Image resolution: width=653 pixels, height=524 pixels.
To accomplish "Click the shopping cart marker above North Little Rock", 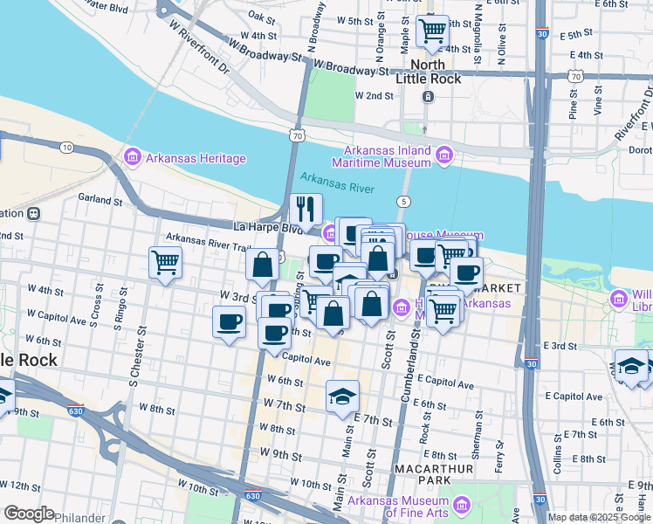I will click(432, 32).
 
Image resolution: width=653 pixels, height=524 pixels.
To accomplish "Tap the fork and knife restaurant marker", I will click(306, 209).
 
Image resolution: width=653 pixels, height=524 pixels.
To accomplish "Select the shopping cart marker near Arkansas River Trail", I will click(165, 262).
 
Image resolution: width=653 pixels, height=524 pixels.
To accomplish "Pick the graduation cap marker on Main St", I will click(342, 396).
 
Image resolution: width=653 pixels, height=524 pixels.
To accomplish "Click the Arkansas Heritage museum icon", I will click(133, 158).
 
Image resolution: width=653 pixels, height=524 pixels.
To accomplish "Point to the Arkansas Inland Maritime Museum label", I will click(381, 155).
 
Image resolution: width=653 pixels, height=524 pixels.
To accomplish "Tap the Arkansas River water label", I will click(337, 189).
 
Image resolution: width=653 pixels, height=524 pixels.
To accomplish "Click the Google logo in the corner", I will click(29, 514).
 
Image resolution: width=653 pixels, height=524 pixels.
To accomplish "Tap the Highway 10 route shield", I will click(67, 148).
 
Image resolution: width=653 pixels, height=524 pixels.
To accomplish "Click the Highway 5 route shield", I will click(402, 202).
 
